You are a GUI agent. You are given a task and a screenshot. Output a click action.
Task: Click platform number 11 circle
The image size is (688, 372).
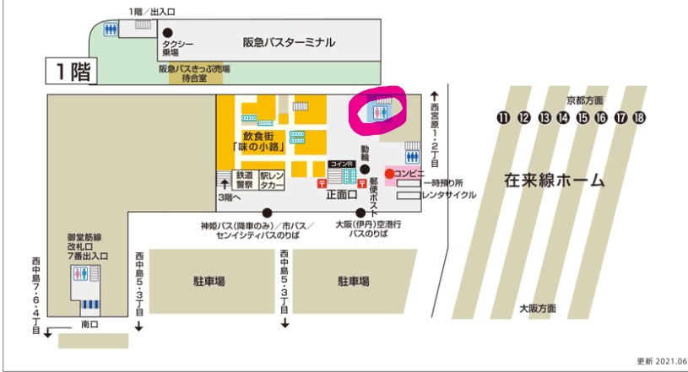[x=504, y=117]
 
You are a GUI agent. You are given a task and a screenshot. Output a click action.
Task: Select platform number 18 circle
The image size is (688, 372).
[x=638, y=117]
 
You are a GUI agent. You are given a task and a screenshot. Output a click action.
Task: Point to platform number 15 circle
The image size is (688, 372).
[x=582, y=117]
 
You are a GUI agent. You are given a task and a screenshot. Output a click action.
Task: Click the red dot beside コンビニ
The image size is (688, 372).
[x=389, y=174]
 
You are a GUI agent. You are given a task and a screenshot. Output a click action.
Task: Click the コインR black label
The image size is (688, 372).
[x=343, y=164]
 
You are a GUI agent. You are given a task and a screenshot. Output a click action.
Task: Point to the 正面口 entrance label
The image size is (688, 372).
[x=341, y=193]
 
